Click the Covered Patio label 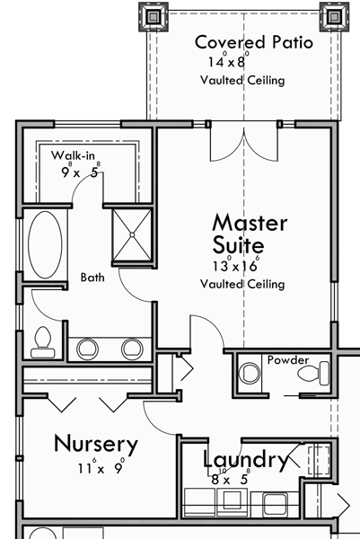tap(254, 42)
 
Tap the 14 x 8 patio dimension tap(227, 62)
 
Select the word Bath tap(92, 278)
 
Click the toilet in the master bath tap(42, 340)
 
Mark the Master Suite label tap(249, 233)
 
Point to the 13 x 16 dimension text tap(236, 265)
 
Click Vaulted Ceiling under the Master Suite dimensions tap(242, 284)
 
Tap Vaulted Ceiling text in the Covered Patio tap(242, 81)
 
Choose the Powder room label tap(287, 359)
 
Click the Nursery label tap(95, 443)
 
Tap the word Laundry tap(244, 460)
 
